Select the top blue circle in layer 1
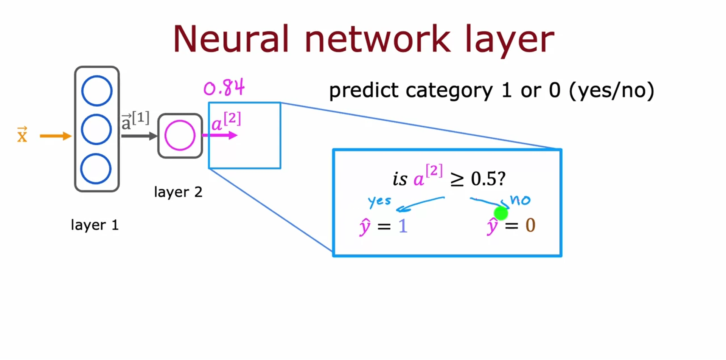(x=97, y=91)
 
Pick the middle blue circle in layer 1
(x=96, y=129)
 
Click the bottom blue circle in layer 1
(x=96, y=169)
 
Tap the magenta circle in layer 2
(x=180, y=135)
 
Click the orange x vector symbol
(x=22, y=135)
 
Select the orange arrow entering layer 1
(x=55, y=136)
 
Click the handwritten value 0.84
(x=224, y=88)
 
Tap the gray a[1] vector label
(x=135, y=121)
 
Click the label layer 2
(x=178, y=192)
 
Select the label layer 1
(x=95, y=225)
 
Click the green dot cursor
(x=501, y=213)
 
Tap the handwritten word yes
(x=379, y=201)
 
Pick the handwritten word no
(x=521, y=200)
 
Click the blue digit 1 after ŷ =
(x=403, y=226)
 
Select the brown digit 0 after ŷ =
(x=530, y=225)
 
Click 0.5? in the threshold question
(x=488, y=178)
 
